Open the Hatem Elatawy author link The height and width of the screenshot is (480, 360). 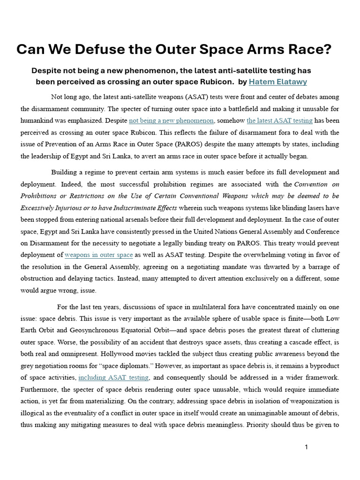point(277,82)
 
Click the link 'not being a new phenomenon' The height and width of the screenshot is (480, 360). point(171,120)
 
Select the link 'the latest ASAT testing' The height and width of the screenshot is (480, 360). point(279,120)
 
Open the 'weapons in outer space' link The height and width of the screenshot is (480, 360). point(98,255)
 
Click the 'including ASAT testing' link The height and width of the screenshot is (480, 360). point(114,377)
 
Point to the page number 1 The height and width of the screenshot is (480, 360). point(306,447)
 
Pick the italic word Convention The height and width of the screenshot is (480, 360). point(310,184)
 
